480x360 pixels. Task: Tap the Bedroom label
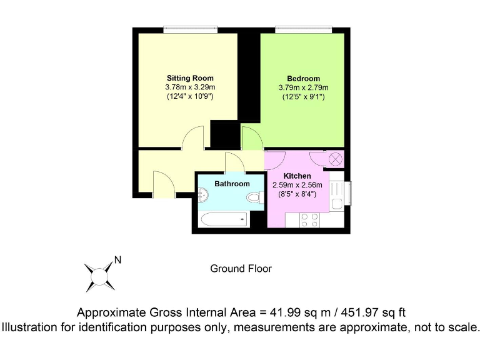coord(303,78)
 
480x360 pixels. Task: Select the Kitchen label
coord(297,176)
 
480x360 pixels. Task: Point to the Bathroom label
coord(232,184)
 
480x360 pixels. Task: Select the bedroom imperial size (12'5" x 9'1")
coord(303,97)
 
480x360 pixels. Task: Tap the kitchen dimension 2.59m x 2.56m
coord(297,185)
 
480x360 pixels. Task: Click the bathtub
coord(223,219)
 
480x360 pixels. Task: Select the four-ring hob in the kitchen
coord(310,220)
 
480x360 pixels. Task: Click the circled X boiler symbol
coord(336,159)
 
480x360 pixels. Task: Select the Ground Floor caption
coord(241,269)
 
